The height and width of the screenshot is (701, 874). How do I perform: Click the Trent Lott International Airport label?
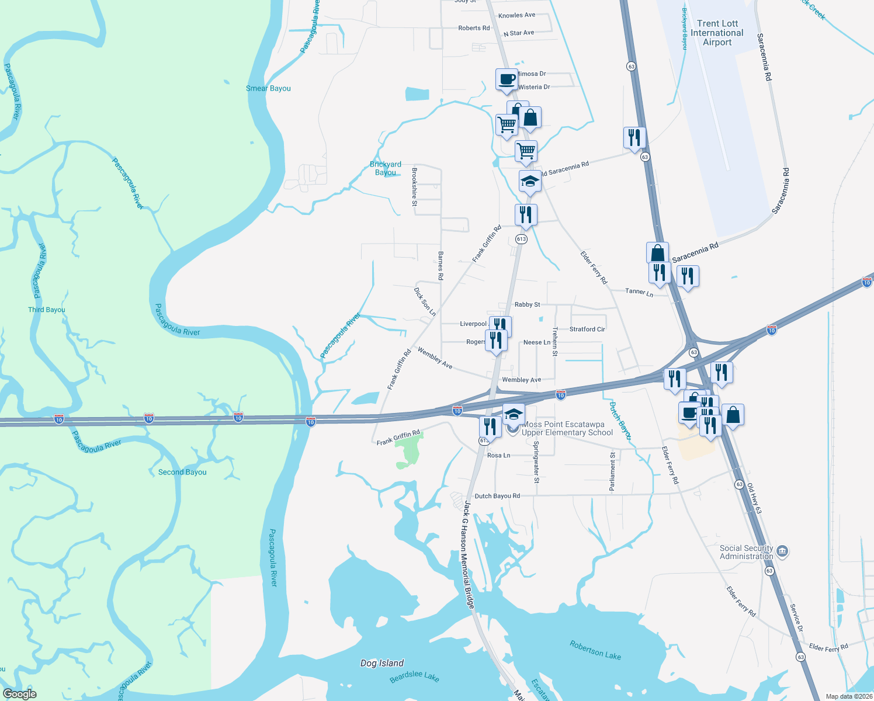tap(717, 33)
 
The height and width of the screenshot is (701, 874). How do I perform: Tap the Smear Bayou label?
tap(268, 88)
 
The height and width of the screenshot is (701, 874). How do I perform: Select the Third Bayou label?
tap(47, 310)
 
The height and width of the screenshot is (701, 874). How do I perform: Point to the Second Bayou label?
tap(182, 472)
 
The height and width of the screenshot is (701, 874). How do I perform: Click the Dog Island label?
tap(382, 663)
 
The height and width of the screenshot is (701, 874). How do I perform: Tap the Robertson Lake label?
tap(595, 650)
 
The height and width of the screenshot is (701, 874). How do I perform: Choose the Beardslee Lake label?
tap(414, 676)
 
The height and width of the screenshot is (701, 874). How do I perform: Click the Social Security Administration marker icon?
tap(783, 551)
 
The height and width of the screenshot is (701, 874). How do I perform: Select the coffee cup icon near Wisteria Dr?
tap(507, 79)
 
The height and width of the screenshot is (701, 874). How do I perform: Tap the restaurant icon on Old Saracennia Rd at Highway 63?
tap(634, 138)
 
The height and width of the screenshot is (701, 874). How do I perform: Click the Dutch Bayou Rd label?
tap(497, 496)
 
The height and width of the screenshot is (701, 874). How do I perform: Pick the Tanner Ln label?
tap(639, 291)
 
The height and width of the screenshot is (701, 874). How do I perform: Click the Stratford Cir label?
tap(587, 329)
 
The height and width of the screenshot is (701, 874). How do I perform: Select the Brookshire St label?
tap(414, 187)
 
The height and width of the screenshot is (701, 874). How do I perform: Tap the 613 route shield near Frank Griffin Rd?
tap(521, 239)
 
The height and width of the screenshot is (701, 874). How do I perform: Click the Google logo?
tap(19, 694)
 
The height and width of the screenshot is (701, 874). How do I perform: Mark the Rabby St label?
tap(527, 304)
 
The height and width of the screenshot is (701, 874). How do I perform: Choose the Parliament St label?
tap(612, 471)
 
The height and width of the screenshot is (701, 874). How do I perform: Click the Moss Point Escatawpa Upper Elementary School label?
tap(567, 428)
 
